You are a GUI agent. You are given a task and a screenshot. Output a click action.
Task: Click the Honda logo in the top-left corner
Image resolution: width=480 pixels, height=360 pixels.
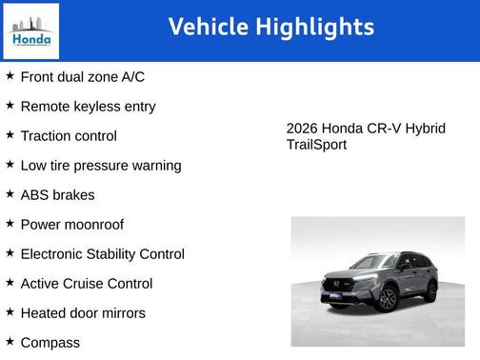[x=31, y=30]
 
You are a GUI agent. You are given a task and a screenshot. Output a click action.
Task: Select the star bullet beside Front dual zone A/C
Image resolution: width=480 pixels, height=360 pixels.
[x=10, y=76]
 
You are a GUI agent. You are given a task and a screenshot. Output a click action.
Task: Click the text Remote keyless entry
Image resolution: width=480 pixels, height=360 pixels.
[x=88, y=107]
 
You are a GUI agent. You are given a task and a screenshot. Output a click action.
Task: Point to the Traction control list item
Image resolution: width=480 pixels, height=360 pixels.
[x=69, y=136]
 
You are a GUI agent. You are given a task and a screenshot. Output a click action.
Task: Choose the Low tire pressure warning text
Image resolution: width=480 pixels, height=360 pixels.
[x=100, y=166]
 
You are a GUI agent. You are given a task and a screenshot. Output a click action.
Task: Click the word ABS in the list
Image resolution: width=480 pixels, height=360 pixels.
[x=35, y=195]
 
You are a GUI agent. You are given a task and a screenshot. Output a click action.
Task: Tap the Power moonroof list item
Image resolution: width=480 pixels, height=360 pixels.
[x=71, y=225]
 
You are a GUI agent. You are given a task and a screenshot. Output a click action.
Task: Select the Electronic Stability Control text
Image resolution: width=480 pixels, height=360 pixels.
[x=102, y=254]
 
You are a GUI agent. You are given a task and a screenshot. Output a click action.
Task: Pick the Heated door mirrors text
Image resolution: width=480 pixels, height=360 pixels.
[x=83, y=313]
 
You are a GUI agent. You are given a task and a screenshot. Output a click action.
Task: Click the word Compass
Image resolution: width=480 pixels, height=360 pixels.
[x=50, y=343]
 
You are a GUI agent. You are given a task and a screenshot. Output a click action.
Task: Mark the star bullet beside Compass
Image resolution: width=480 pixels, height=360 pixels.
[x=10, y=342]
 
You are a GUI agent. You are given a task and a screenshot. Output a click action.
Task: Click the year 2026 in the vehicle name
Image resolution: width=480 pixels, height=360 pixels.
[x=302, y=129]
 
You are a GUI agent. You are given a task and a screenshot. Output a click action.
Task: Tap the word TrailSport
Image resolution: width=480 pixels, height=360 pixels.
[x=316, y=145]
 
